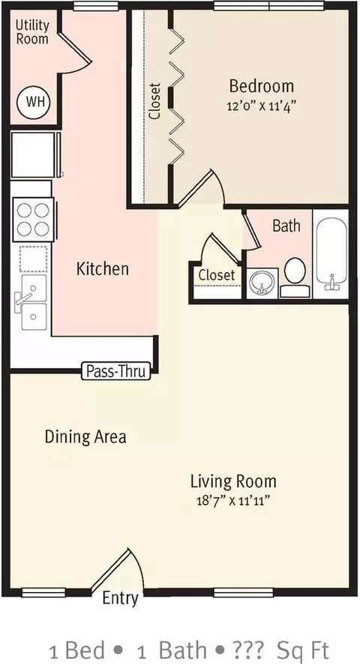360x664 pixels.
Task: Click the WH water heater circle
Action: (x=34, y=102)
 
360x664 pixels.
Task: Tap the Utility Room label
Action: (x=32, y=31)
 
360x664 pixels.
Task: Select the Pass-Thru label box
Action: (x=115, y=371)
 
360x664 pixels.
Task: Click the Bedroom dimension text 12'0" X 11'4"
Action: (x=261, y=106)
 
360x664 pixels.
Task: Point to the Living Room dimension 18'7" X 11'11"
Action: (x=233, y=501)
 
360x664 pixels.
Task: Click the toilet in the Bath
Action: (x=295, y=277)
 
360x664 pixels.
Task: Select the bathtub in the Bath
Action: (x=331, y=255)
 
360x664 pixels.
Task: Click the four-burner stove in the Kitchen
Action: (x=33, y=220)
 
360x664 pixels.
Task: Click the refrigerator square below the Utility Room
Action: (x=34, y=154)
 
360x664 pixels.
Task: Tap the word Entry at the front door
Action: (x=121, y=599)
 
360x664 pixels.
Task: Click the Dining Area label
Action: (x=85, y=437)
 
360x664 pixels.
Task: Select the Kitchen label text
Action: (x=103, y=269)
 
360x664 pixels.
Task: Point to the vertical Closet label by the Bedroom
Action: (x=155, y=100)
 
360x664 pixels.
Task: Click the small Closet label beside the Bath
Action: (x=217, y=275)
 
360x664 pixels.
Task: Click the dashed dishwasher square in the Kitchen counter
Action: (x=34, y=259)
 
